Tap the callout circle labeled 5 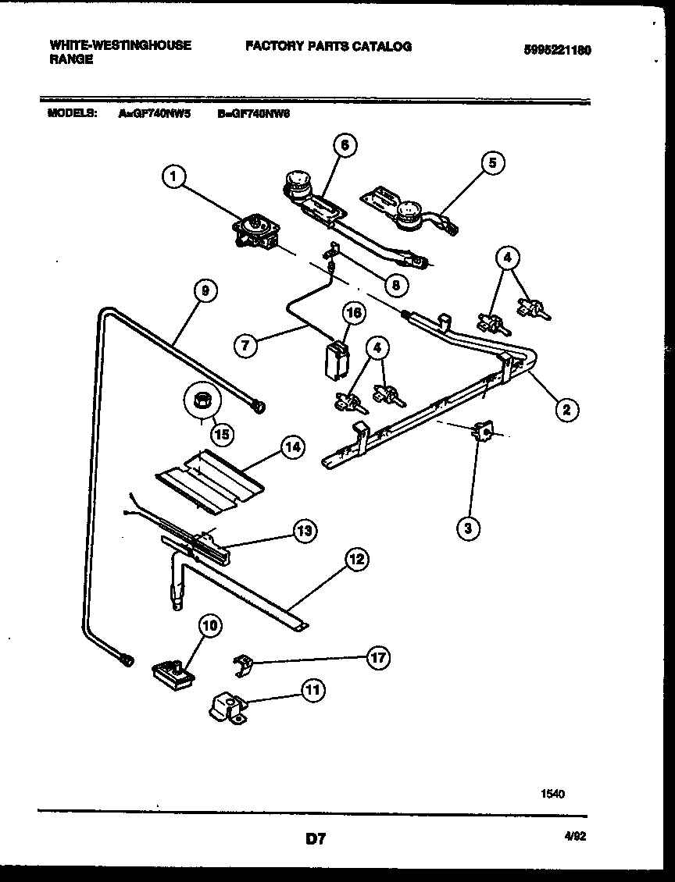pos(492,162)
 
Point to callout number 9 pos(205,291)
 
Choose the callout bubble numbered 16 pos(353,313)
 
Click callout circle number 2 pos(567,407)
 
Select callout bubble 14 pos(291,448)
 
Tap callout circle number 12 pos(356,559)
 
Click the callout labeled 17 pos(378,658)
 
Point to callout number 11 pos(314,690)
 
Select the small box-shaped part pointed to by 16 pos(337,358)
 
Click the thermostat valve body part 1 pos(254,232)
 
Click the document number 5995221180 pos(557,49)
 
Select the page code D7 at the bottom pos(315,840)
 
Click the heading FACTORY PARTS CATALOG pos(328,46)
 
